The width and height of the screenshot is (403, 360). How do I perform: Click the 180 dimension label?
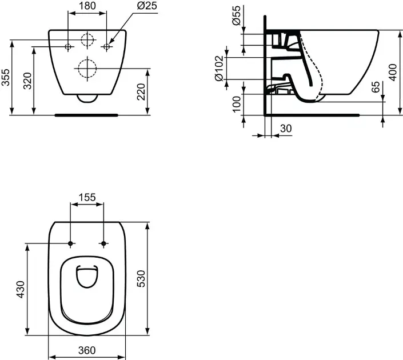click(87, 6)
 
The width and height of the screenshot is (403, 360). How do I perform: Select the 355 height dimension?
click(6, 76)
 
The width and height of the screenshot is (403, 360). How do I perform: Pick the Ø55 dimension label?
click(236, 15)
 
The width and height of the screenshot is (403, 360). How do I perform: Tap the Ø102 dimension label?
click(218, 68)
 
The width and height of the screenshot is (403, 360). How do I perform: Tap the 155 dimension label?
click(87, 197)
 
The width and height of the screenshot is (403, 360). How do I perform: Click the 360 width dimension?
click(87, 350)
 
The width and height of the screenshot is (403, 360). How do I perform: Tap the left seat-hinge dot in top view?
click(70, 244)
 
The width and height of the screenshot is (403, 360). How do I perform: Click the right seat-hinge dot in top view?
click(103, 244)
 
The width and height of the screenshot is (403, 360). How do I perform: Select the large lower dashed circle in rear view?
click(86, 69)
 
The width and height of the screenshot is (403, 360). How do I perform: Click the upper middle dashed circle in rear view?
click(86, 41)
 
